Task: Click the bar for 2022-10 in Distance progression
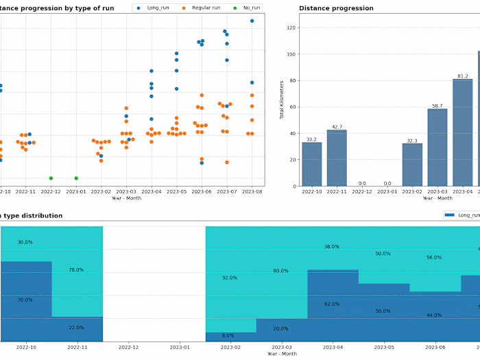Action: pos(312,164)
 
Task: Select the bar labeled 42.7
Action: pos(337,158)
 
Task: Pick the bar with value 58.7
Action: pos(437,147)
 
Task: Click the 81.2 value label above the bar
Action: pos(462,76)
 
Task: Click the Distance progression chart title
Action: pos(336,8)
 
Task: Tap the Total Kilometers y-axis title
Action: pos(281,99)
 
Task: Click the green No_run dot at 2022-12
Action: pos(51,178)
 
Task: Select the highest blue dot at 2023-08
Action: pos(252,21)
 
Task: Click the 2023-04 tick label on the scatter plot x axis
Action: pos(152,192)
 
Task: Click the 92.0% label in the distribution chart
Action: pos(228,278)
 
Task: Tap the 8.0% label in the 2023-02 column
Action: pos(228,335)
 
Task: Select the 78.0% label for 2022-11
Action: pos(76,269)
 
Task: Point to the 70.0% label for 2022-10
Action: pos(25,300)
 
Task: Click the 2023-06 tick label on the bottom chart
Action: pos(433,347)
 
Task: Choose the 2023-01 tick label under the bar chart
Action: pos(387,192)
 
